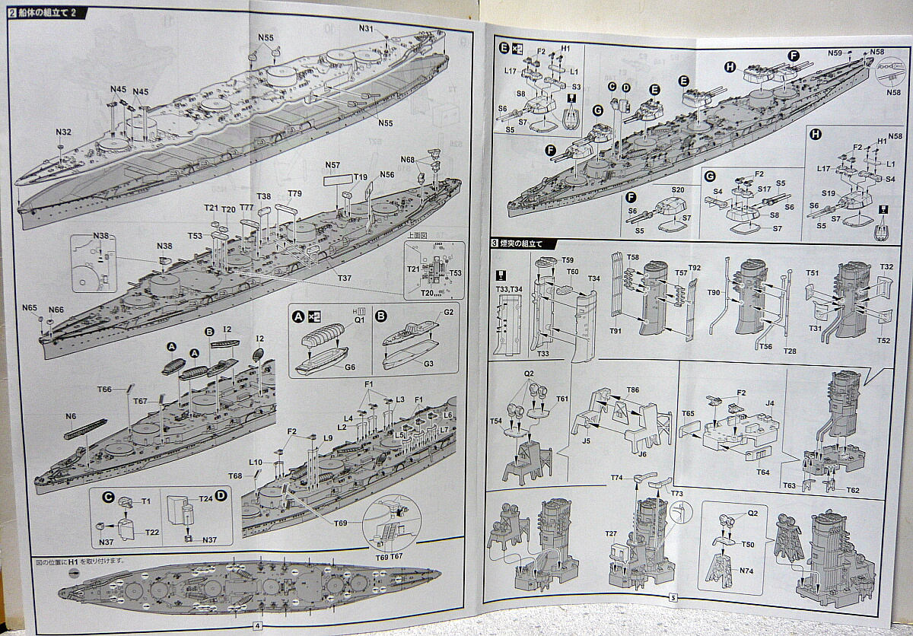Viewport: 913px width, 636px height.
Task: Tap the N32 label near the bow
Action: point(64,132)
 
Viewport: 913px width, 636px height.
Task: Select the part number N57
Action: point(332,166)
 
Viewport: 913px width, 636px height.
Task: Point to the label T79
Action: point(294,193)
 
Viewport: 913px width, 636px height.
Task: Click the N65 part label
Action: point(30,308)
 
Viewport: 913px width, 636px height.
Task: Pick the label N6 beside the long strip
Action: point(71,416)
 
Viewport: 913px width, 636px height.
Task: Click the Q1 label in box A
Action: point(359,320)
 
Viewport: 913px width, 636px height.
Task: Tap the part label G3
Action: point(428,364)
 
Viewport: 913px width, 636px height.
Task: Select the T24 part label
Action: point(205,500)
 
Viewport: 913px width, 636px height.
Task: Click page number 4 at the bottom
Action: point(257,625)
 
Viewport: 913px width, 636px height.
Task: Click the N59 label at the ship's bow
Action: point(835,52)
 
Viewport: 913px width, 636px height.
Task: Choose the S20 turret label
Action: point(678,190)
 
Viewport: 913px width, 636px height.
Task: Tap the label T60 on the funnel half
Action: point(572,272)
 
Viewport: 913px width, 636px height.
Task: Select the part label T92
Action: point(694,267)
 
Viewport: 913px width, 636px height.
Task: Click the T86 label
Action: point(632,390)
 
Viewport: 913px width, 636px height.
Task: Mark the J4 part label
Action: point(770,404)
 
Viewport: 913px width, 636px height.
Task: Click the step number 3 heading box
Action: point(495,243)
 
